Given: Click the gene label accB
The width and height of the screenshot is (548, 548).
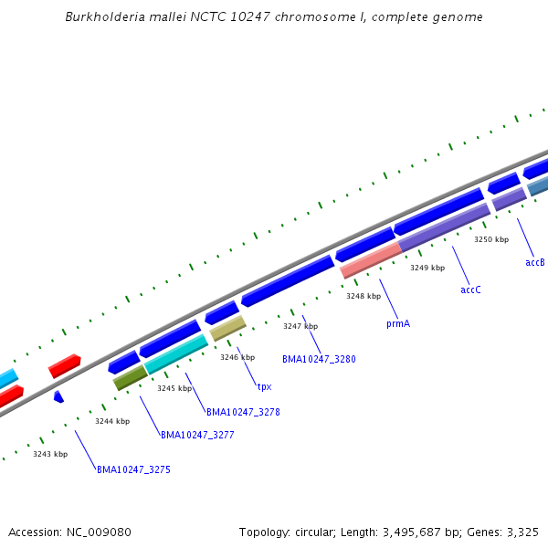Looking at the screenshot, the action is click(x=535, y=262).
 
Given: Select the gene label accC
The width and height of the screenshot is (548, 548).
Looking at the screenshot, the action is click(x=470, y=290).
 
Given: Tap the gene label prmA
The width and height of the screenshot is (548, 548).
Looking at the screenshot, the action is click(x=398, y=323).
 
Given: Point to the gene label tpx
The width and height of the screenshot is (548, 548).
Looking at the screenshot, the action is click(x=264, y=386).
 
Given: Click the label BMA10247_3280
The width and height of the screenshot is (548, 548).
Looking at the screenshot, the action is click(x=319, y=359).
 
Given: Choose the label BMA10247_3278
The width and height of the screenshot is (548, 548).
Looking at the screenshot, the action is click(x=243, y=412).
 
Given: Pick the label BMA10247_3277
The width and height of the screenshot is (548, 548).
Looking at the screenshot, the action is click(x=197, y=435).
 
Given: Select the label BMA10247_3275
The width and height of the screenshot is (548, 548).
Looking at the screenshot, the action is click(x=133, y=469).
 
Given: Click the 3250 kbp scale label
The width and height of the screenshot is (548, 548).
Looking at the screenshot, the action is click(x=490, y=239).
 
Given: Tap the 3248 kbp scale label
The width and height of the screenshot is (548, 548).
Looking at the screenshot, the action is click(x=363, y=296).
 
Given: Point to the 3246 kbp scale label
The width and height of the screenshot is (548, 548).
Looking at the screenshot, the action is click(x=237, y=357).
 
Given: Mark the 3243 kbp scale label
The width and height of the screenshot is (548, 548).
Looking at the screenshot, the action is click(x=50, y=454).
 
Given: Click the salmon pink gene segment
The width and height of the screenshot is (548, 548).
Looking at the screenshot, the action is click(x=371, y=260).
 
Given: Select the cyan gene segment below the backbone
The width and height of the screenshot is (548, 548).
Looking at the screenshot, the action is click(x=176, y=354).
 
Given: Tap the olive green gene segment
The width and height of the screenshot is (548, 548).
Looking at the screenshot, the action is click(x=131, y=377).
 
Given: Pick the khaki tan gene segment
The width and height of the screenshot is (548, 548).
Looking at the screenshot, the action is click(x=228, y=328).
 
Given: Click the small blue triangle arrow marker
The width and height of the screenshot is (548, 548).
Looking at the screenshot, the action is click(x=58, y=396).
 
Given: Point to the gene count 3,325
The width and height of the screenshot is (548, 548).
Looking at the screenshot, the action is click(x=522, y=532).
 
